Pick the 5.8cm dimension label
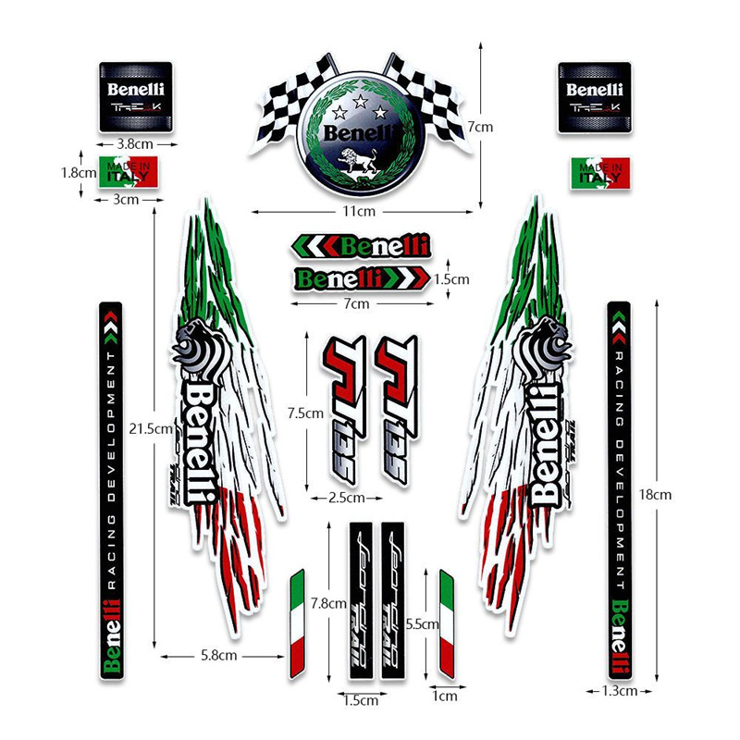(221, 655)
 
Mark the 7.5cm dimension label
(306, 413)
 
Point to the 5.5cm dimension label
(424, 624)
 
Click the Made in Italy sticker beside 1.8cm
(129, 172)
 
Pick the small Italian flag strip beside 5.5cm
(447, 624)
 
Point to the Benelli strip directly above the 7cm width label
(362, 277)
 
